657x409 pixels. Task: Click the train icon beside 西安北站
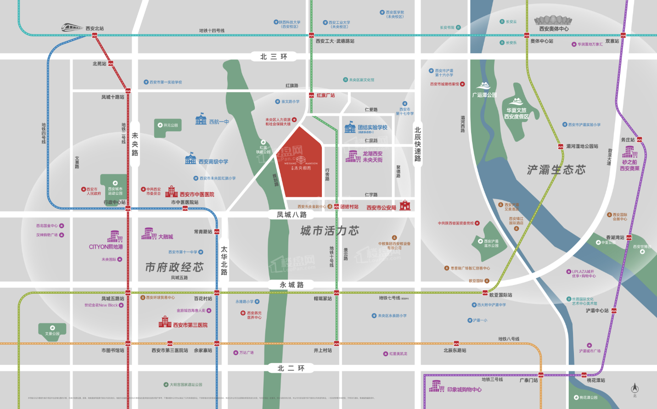point(72,28)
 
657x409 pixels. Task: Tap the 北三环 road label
point(274,56)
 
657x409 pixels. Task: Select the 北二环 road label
point(291,368)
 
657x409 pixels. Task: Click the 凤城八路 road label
point(292,214)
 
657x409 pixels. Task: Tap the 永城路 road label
point(292,285)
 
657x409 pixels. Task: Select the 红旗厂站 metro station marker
point(312,95)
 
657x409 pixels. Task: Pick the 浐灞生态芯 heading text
point(556,170)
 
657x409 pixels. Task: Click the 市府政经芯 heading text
point(174,267)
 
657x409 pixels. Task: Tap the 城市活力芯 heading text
point(330,231)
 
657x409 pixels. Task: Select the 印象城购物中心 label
point(464,389)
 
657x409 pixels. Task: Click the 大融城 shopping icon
point(148,234)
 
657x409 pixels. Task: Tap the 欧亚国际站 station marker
point(485,292)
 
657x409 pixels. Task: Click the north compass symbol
point(635,388)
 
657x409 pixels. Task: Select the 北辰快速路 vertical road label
point(417,144)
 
